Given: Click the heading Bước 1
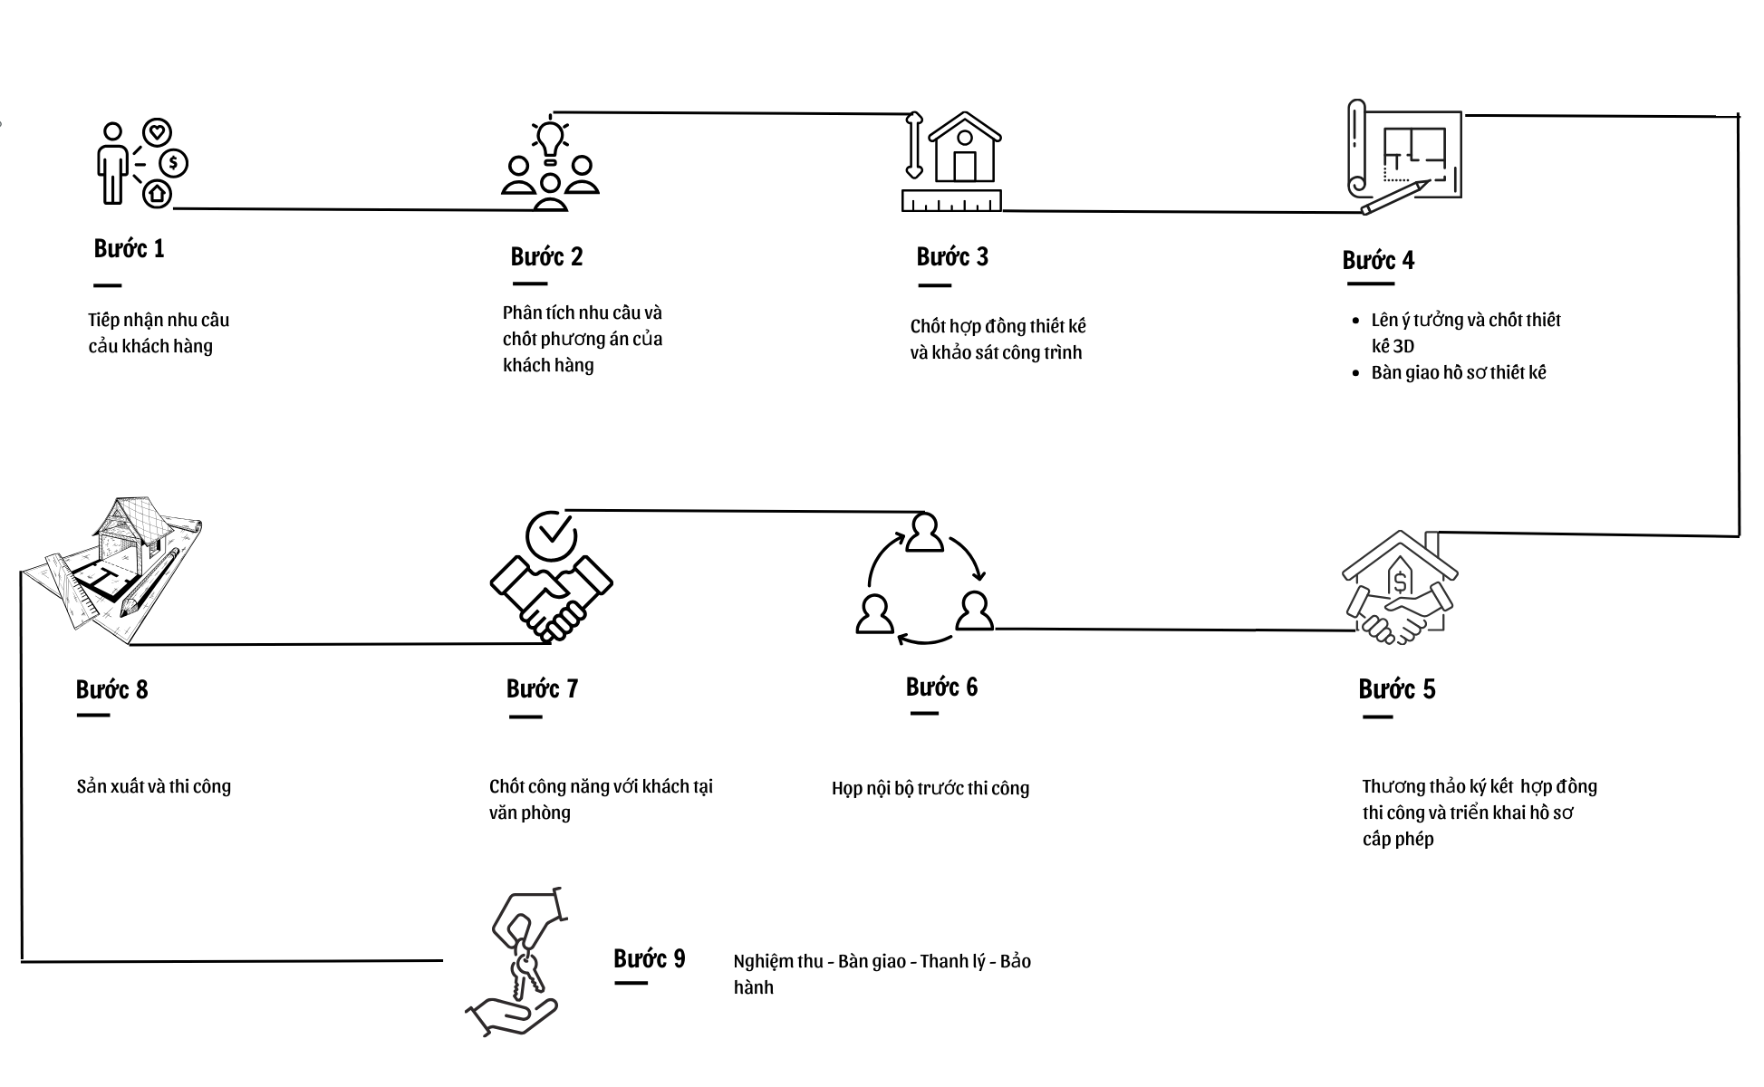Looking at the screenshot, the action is (x=130, y=248).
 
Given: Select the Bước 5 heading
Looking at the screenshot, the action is (x=1397, y=689).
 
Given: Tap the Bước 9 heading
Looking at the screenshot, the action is (x=650, y=958).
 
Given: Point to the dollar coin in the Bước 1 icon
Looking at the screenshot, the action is (x=174, y=163).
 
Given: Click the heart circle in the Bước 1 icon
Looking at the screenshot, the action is (x=158, y=133).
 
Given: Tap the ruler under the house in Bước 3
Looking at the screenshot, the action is (x=951, y=200).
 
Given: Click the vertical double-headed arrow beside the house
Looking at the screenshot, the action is (x=914, y=145).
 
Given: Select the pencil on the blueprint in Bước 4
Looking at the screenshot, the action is (x=1395, y=197).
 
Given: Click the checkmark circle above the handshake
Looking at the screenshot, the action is (x=551, y=534).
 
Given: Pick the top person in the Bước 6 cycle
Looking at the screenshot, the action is (x=924, y=533).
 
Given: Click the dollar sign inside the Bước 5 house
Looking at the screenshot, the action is (x=1401, y=582).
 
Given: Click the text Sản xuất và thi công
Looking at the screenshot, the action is (x=154, y=786).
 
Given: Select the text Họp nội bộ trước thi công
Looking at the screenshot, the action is (x=930, y=788).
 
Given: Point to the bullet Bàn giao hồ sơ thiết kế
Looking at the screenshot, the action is (x=1459, y=372).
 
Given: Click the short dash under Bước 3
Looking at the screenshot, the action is (x=934, y=285).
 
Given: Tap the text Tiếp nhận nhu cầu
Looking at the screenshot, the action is (x=159, y=320).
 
